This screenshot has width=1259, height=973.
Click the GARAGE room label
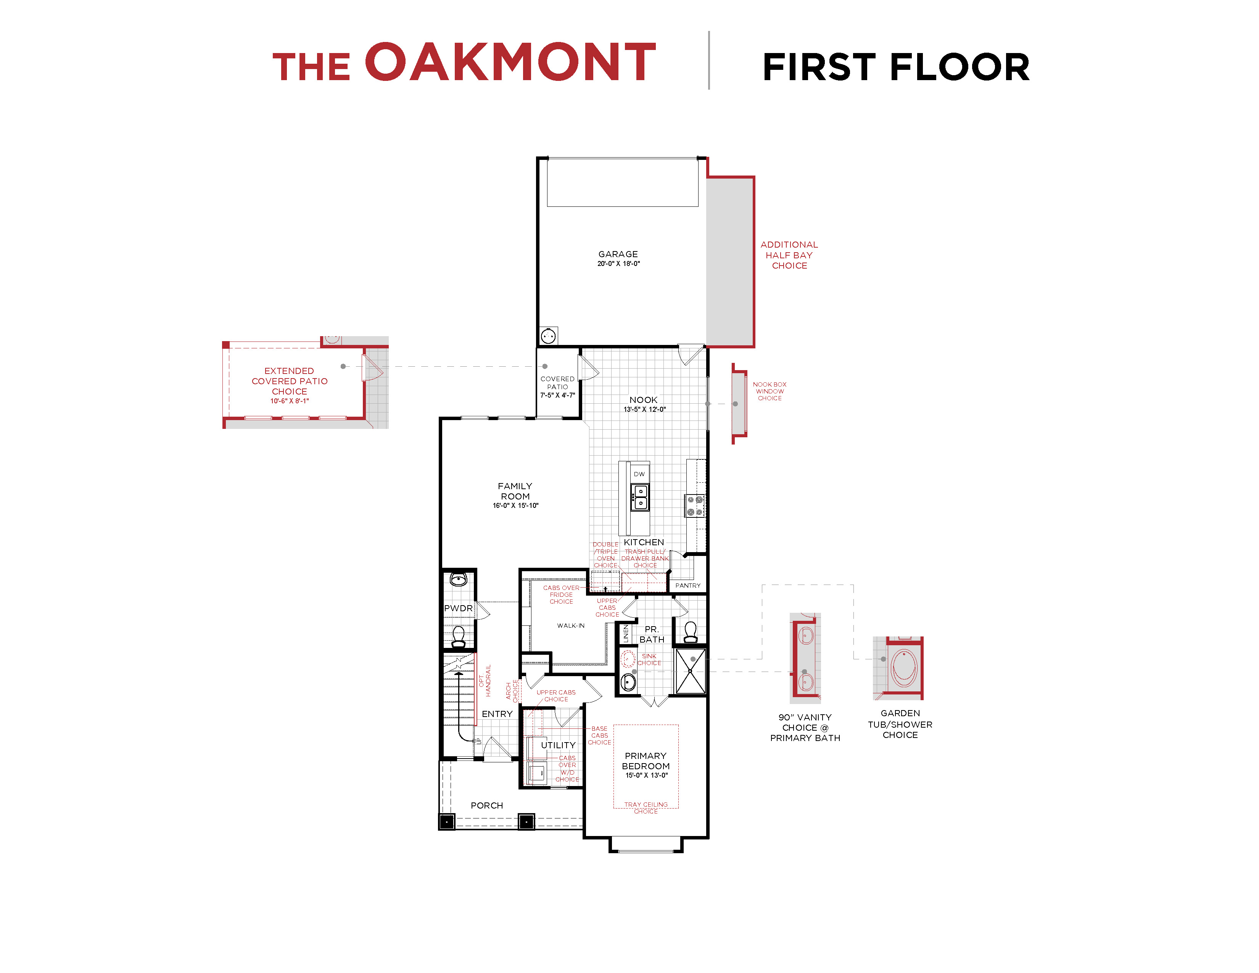click(x=618, y=254)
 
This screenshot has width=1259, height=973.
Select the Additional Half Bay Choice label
click(x=789, y=255)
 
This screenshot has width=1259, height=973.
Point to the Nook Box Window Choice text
click(x=769, y=391)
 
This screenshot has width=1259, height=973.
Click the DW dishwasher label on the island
click(x=639, y=474)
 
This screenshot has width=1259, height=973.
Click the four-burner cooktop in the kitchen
click(x=695, y=506)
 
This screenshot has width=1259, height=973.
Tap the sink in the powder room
click(x=458, y=579)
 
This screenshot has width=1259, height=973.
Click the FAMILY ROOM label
click(x=515, y=491)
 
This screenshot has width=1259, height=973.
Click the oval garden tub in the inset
click(x=904, y=667)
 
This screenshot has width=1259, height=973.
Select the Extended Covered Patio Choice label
click(x=290, y=382)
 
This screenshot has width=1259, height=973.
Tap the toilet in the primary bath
click(x=690, y=632)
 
